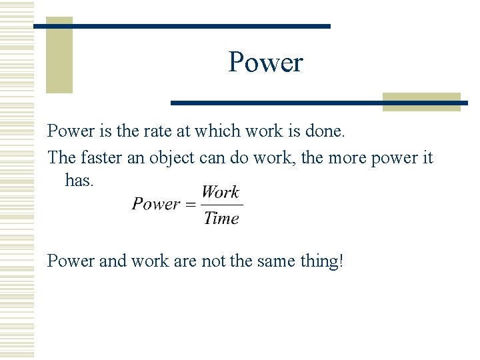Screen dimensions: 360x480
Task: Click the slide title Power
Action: [265, 63]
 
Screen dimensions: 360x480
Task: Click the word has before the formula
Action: [79, 180]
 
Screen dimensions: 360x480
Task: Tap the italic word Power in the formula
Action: [156, 204]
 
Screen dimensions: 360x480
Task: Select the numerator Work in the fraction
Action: [220, 193]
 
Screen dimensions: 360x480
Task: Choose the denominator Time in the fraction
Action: [221, 218]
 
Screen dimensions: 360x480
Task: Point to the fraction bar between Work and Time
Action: [221, 205]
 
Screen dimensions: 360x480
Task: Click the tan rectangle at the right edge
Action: [421, 101]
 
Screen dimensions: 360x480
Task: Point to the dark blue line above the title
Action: [182, 26]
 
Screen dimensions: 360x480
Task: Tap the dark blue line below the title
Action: [319, 103]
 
